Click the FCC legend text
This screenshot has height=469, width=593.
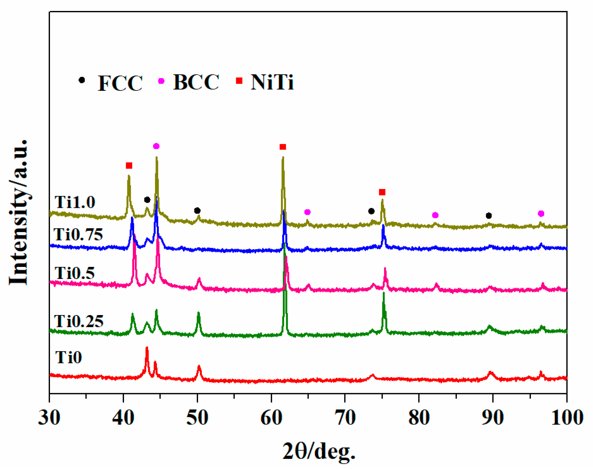tap(120, 83)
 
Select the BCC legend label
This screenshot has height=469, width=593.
tap(196, 82)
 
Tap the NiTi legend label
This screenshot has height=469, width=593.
tap(272, 82)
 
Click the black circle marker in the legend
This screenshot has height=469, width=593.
tap(82, 80)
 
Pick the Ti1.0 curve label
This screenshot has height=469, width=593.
tap(75, 202)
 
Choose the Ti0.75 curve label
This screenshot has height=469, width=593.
tap(78, 235)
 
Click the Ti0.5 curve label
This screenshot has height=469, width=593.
tap(75, 273)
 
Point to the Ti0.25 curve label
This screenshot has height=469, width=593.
tap(79, 321)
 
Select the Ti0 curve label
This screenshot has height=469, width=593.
tap(69, 357)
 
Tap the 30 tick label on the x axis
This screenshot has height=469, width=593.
tap(49, 418)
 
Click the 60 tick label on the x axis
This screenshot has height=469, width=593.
tap(271, 418)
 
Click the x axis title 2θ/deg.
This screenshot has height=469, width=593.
tap(319, 451)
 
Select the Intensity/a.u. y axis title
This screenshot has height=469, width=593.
tap(19, 213)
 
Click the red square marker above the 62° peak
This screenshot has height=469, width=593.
tap(283, 147)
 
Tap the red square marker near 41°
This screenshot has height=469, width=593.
tap(129, 166)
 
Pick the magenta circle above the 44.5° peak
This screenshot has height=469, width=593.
tap(156, 146)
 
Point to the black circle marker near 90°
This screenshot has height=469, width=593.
tap(489, 216)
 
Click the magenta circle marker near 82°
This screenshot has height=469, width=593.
tap(435, 215)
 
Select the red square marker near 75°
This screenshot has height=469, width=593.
tap(382, 192)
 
